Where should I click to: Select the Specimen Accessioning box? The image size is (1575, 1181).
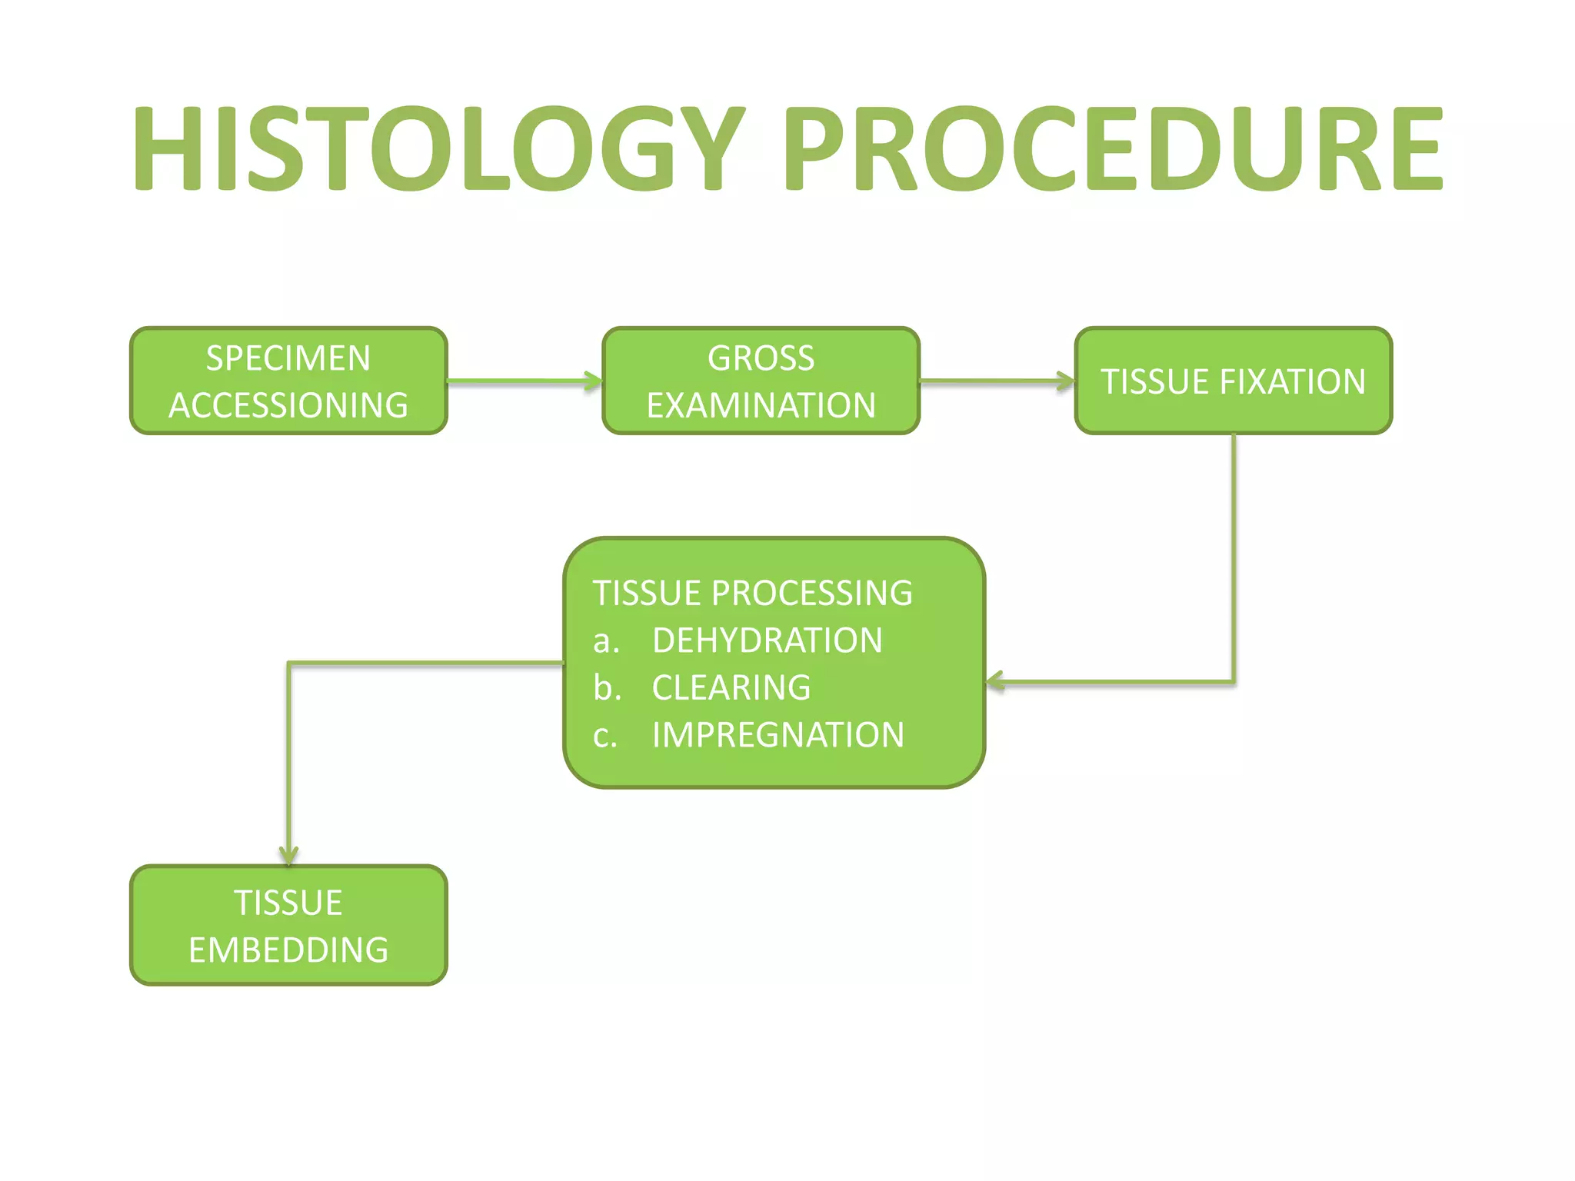[288, 381]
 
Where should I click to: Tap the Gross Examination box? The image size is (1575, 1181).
[761, 381]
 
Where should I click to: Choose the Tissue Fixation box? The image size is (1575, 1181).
[1233, 381]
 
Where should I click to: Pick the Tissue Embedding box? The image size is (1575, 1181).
[288, 925]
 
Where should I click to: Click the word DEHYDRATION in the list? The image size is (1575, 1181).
[767, 640]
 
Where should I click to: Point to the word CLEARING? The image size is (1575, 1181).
[731, 687]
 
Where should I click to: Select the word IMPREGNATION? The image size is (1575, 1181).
[778, 735]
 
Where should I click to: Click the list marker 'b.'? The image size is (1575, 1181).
[606, 687]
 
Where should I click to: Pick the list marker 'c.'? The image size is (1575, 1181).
[605, 736]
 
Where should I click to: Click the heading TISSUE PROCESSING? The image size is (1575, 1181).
[752, 593]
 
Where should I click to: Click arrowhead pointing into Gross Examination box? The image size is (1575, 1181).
[593, 381]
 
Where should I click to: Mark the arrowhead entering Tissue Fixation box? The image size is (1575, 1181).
[1065, 381]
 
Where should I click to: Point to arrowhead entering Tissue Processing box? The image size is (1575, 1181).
[995, 681]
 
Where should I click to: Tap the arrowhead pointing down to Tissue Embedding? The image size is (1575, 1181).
[288, 855]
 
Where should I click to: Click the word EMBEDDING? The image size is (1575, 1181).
[288, 950]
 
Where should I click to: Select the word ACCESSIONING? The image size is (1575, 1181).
[288, 405]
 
